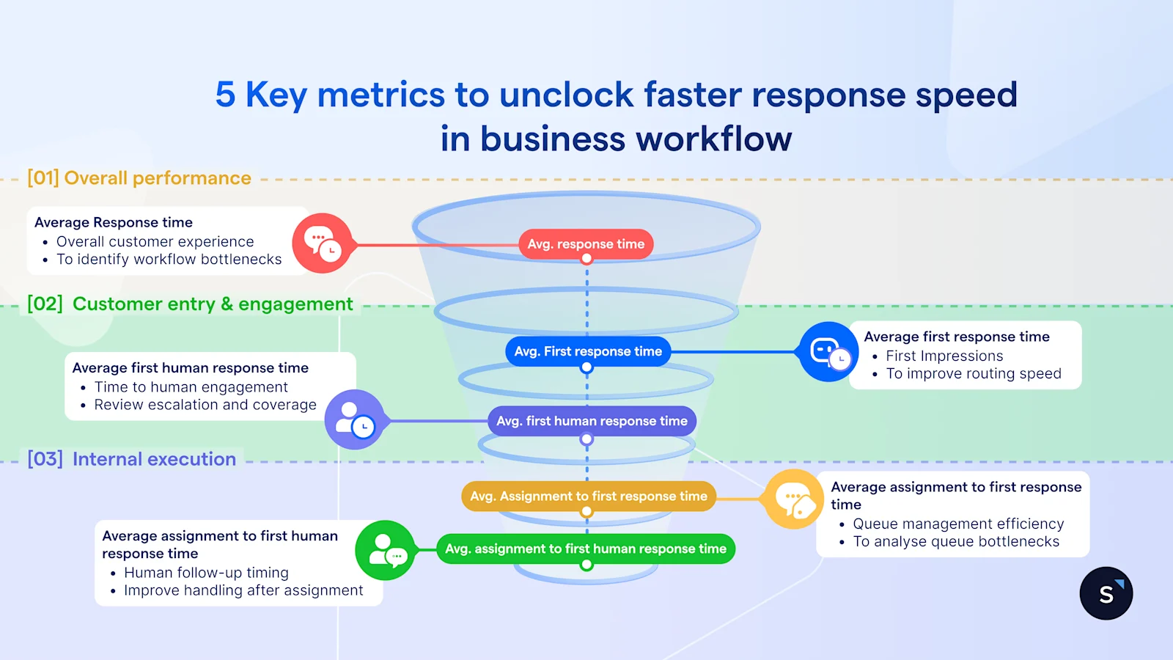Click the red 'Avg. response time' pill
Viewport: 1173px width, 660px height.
586,244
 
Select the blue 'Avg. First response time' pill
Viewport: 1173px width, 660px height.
588,351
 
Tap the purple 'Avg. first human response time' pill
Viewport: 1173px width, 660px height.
592,421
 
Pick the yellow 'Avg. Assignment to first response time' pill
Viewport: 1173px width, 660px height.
589,496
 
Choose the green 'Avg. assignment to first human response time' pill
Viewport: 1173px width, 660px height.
586,549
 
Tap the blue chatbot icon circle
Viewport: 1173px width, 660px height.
828,352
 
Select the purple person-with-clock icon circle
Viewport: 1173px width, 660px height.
355,420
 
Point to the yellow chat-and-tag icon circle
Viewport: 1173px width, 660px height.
795,499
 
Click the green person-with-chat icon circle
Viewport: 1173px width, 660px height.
386,551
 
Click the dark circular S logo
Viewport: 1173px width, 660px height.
1106,593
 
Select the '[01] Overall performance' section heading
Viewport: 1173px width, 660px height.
139,178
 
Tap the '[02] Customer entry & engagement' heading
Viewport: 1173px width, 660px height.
190,304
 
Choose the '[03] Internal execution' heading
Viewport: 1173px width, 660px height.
132,459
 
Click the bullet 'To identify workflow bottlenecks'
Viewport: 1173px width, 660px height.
169,260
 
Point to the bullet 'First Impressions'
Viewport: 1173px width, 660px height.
944,356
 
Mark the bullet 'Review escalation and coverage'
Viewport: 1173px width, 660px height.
205,405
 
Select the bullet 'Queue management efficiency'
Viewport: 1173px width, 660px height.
958,524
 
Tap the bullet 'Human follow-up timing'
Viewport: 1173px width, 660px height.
206,573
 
